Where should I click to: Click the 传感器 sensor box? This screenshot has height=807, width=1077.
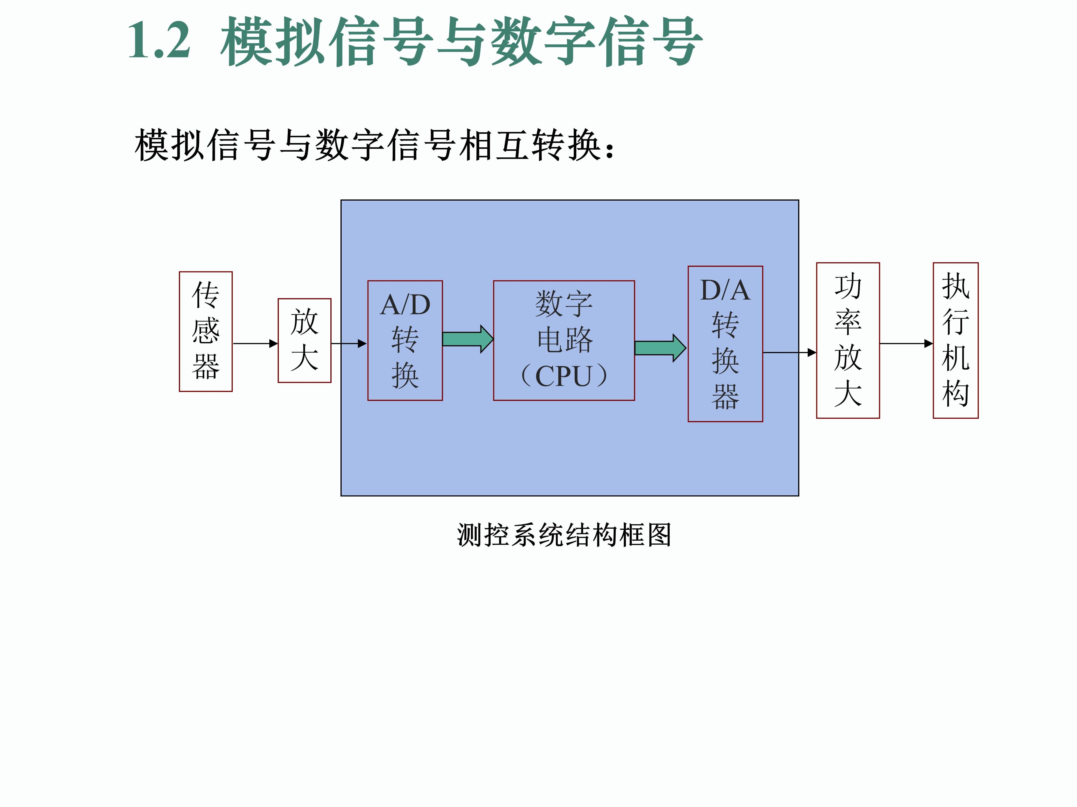(205, 331)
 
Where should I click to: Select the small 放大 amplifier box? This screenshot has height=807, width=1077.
(304, 340)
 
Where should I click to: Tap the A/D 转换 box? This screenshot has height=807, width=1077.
(405, 340)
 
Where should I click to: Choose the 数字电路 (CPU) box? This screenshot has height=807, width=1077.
(564, 340)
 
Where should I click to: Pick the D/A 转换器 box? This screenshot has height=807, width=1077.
(725, 343)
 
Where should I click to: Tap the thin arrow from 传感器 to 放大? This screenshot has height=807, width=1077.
(255, 343)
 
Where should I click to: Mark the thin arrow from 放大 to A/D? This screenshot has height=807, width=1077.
(349, 343)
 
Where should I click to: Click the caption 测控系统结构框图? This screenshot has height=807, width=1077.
(564, 535)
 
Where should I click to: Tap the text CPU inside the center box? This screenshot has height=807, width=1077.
(563, 376)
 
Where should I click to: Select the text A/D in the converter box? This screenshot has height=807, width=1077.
(405, 305)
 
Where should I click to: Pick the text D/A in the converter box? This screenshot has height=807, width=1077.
(725, 290)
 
